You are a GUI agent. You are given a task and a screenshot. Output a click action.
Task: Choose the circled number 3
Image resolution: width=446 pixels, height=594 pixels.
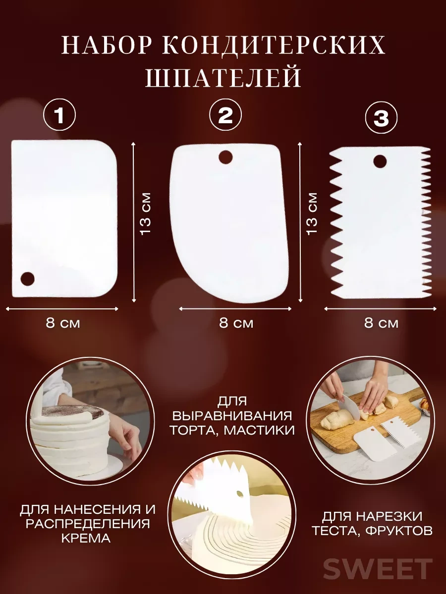(381, 118)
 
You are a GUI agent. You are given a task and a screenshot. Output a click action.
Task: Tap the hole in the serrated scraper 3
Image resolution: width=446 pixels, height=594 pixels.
(380, 161)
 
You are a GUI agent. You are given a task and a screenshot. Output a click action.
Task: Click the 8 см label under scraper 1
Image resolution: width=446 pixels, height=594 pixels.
(63, 323)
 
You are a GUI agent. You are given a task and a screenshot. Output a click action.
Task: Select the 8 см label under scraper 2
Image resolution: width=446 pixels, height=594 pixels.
(236, 323)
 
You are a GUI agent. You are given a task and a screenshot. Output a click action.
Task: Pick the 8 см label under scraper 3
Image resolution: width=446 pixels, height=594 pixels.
(381, 323)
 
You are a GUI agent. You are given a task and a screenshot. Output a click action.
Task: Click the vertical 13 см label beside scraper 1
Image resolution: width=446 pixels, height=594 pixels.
(145, 213)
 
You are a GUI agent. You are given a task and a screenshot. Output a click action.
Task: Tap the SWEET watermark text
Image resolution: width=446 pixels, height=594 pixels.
(378, 569)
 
